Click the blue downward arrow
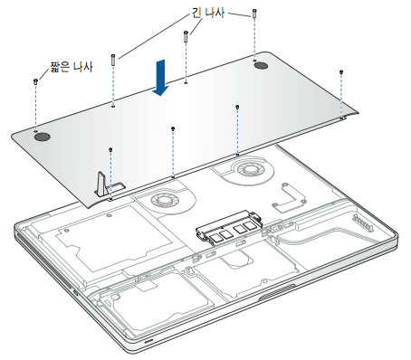[x=160, y=78]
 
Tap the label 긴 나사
[x=208, y=12]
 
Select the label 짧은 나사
[x=72, y=67]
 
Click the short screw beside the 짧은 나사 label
[x=35, y=81]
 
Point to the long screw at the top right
[x=254, y=14]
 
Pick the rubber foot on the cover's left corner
[x=42, y=137]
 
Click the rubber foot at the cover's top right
[x=262, y=66]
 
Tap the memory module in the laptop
[x=229, y=228]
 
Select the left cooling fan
[x=163, y=200]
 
